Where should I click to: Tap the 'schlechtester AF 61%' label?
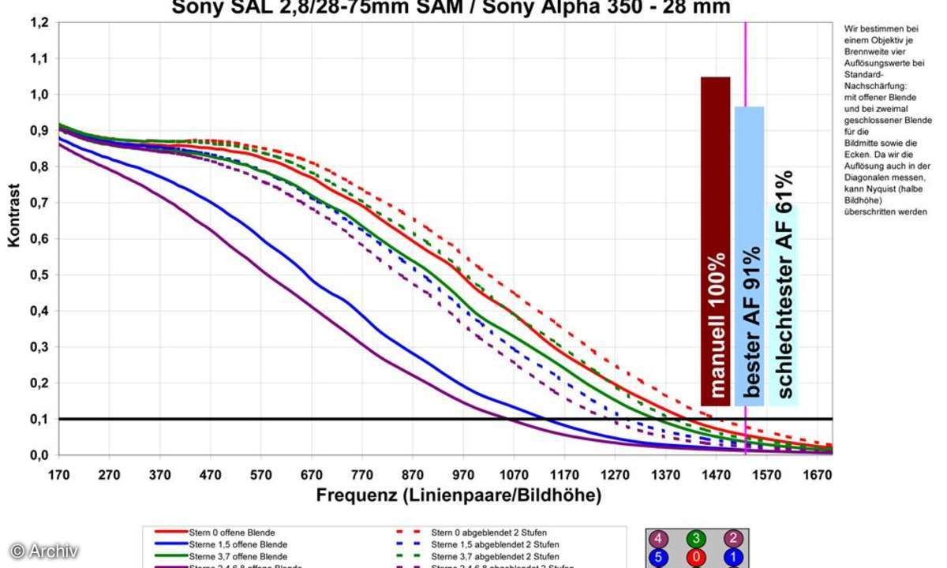click(x=784, y=284)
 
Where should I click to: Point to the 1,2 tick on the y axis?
click(x=39, y=23)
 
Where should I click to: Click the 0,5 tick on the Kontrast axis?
click(x=39, y=275)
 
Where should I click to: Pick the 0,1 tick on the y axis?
click(x=39, y=420)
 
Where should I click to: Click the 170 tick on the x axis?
click(x=58, y=474)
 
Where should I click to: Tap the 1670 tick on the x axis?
click(x=818, y=474)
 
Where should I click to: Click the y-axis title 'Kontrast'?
click(x=14, y=215)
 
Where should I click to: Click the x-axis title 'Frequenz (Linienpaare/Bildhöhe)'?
click(x=459, y=496)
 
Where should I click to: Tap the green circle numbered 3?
click(x=695, y=540)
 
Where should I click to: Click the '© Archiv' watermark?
click(x=44, y=551)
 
